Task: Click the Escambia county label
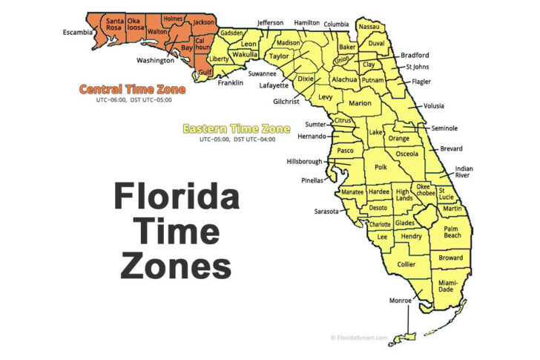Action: [76, 32]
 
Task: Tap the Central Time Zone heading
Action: [133, 89]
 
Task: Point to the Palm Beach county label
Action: [452, 231]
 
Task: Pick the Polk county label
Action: [381, 168]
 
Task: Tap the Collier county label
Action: [406, 264]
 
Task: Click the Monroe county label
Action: [401, 301]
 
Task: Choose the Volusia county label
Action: [433, 106]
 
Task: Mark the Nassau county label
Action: [369, 27]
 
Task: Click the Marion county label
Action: [360, 103]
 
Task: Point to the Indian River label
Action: [464, 172]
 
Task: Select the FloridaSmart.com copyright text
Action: [359, 338]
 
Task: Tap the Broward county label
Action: [450, 258]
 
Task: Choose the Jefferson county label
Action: [270, 23]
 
